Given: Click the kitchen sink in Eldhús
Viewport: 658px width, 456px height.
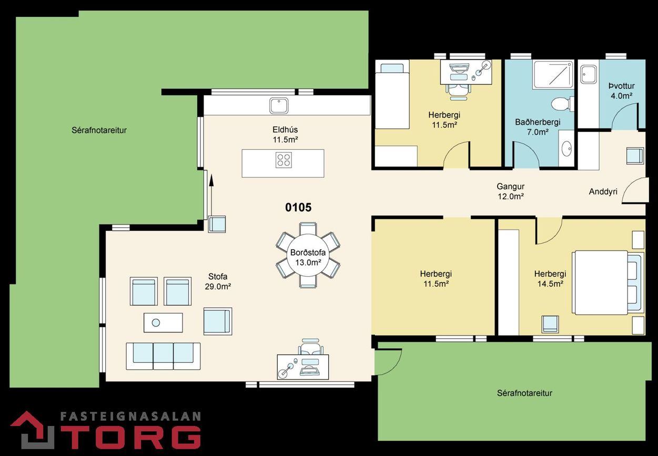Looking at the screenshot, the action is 279,106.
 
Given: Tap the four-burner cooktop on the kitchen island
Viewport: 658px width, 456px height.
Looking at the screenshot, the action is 284,160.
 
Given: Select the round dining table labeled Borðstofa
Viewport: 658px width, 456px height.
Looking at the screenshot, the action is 308,255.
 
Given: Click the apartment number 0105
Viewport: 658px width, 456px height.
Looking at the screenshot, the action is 298,207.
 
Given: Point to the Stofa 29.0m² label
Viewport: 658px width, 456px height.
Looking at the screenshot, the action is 218,281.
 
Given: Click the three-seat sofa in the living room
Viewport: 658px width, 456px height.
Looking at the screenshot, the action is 164,356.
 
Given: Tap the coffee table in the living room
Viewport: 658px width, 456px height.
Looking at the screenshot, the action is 163,322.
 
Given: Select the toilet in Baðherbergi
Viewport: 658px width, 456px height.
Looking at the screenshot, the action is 562,104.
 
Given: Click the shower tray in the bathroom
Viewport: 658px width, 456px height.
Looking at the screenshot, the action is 553,75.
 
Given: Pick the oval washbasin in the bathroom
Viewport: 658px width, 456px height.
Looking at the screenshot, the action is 566,149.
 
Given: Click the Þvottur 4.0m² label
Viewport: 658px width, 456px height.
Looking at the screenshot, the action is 621,91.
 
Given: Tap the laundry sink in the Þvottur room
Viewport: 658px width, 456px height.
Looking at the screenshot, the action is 589,75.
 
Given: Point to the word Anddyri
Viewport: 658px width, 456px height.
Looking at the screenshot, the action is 603,191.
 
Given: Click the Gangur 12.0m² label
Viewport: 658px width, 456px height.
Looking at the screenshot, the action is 511,191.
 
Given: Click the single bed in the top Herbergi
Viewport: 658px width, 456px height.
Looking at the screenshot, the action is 392,94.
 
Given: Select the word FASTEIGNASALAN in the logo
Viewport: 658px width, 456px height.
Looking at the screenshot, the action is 130,417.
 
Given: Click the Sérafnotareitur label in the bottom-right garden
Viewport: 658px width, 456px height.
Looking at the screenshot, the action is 524,393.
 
